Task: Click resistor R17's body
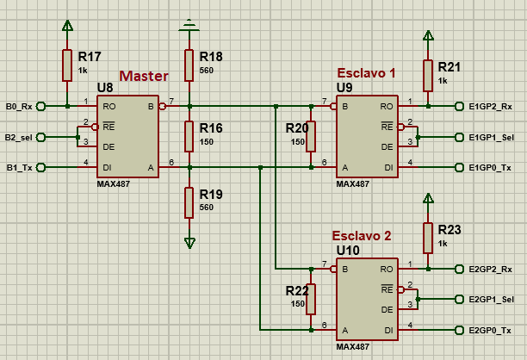[67, 65]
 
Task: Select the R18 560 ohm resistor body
[189, 65]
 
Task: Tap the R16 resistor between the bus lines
[189, 136]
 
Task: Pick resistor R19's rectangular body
[189, 202]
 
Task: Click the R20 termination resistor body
[311, 136]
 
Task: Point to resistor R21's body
[428, 76]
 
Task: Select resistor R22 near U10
[311, 299]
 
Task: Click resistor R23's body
[428, 238]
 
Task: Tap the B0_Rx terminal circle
[40, 106]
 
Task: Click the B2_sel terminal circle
[40, 137]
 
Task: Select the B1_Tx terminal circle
[40, 167]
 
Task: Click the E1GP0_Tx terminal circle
[459, 167]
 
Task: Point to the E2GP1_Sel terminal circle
[459, 299]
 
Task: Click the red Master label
[144, 76]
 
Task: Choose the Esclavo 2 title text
[362, 236]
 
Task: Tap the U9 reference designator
[344, 87]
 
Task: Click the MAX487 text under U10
[352, 346]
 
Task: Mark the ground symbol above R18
[189, 26]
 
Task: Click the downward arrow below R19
[189, 243]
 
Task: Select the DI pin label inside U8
[108, 167]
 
